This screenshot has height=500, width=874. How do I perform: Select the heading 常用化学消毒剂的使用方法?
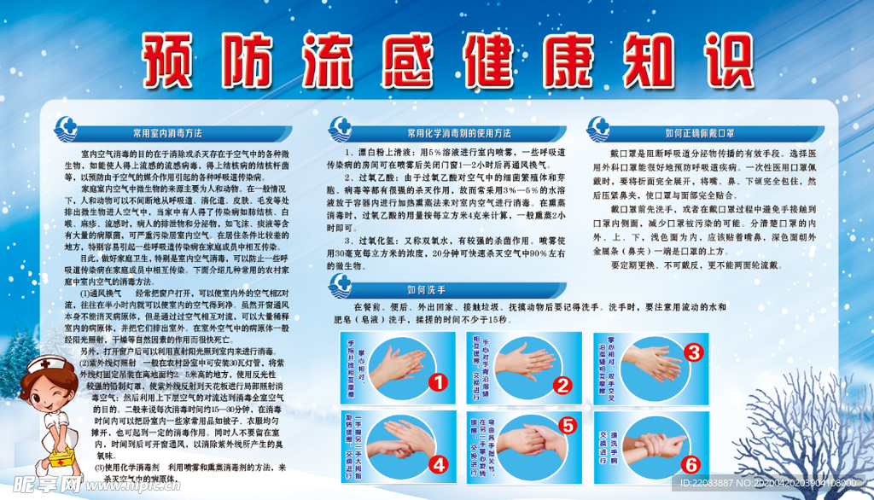coord(459,133)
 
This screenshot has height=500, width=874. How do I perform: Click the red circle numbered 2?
coord(562,385)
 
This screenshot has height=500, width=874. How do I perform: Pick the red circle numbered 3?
coord(694,351)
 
